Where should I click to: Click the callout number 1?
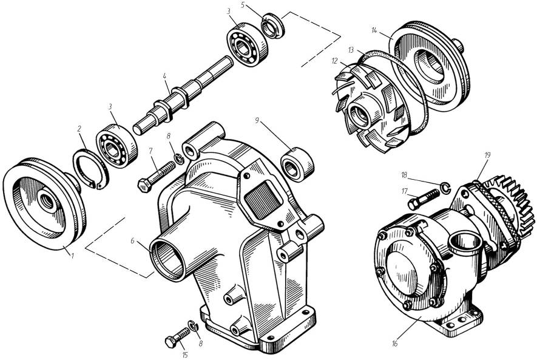coord(72,255)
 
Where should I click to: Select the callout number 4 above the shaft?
coord(164,76)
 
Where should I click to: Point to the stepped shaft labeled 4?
coord(183,95)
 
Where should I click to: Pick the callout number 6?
coord(133,241)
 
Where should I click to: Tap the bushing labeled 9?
coord(297,164)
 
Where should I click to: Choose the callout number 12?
coord(334,61)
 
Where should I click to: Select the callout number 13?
coord(351,50)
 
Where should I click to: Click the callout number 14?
coord(374,30)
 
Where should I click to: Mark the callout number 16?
coord(394,344)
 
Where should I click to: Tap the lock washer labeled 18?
coord(445,188)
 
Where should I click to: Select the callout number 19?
coord(487,155)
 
